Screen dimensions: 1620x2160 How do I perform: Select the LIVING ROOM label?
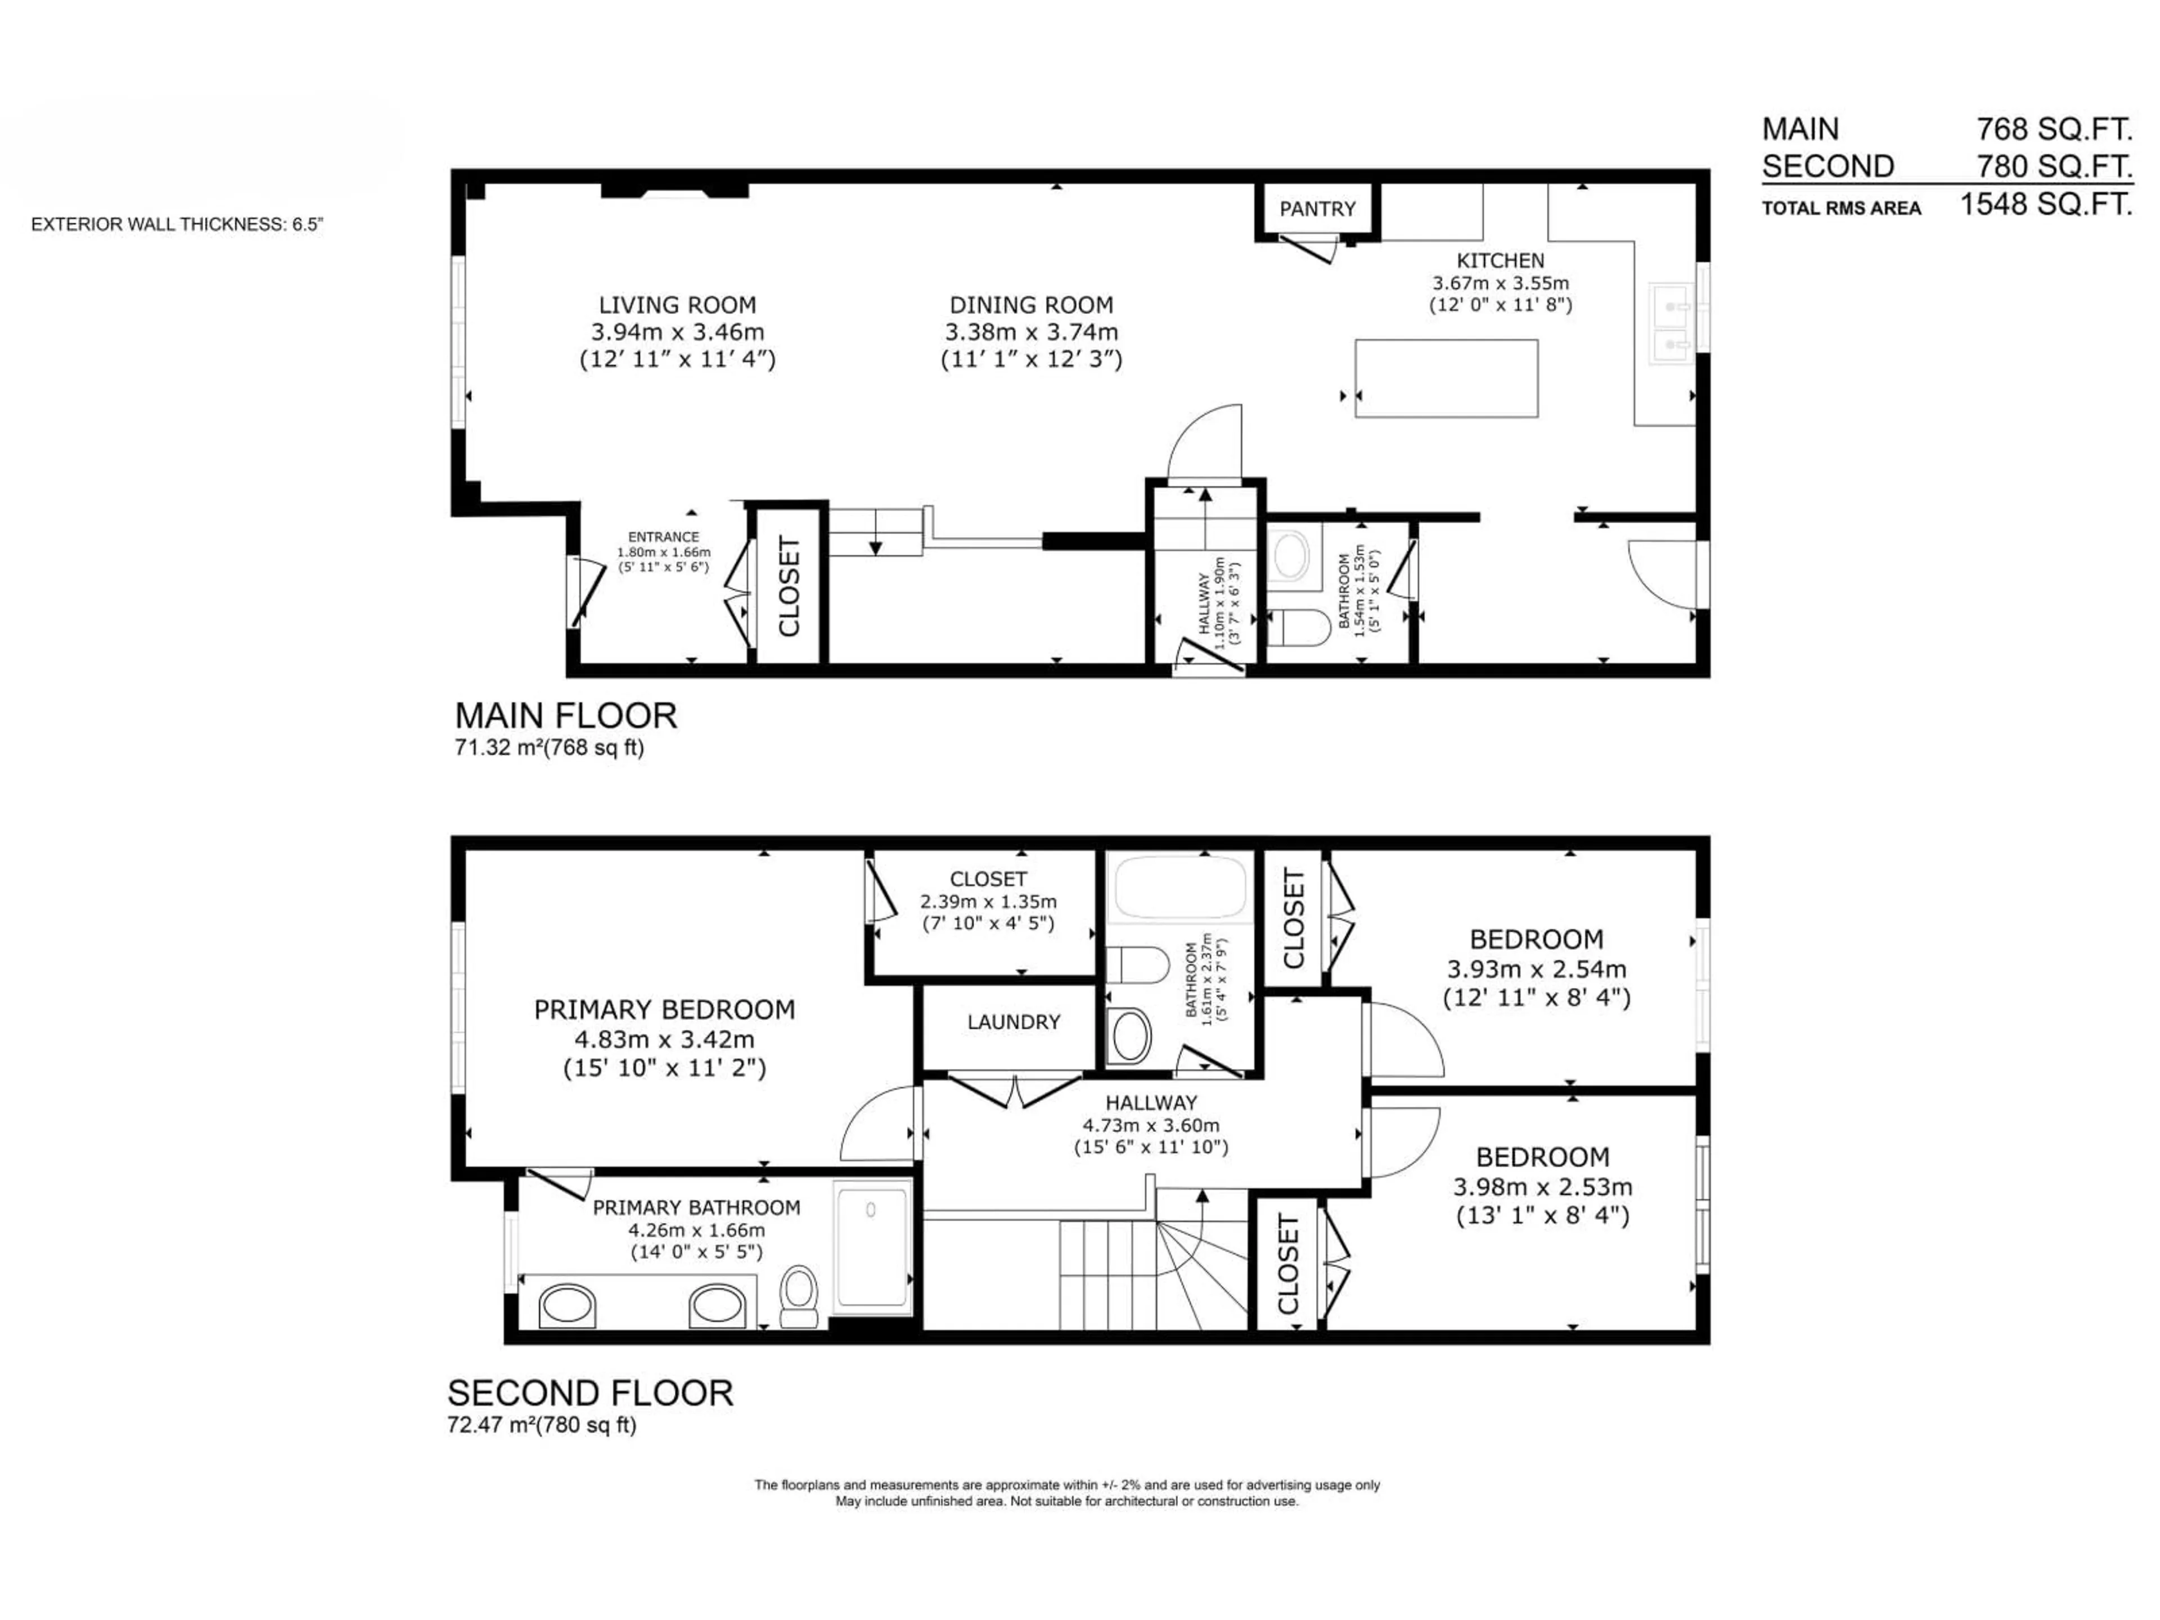click(677, 305)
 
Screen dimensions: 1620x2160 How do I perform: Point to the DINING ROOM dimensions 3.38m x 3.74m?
click(1031, 332)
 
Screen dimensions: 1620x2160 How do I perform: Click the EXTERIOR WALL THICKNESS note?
click(177, 224)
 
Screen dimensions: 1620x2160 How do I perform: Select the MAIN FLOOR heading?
click(565, 715)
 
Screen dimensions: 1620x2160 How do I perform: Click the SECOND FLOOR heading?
click(590, 1393)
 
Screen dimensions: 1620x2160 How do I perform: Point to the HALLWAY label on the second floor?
click(1151, 1102)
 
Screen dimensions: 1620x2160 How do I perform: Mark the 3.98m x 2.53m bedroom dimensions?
click(1542, 1187)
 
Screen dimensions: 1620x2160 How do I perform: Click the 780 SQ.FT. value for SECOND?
click(2054, 167)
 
